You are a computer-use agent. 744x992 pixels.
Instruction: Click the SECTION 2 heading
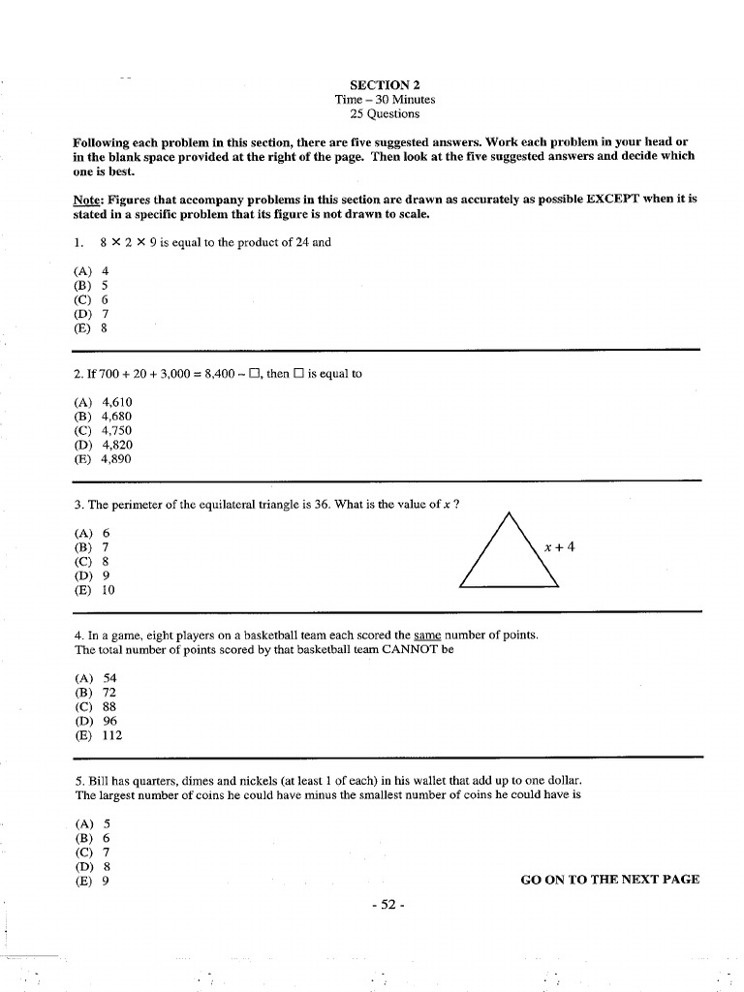tap(385, 84)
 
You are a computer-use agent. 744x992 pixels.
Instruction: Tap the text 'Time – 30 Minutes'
tap(385, 99)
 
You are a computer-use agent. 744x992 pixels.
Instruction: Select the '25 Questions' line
tap(385, 113)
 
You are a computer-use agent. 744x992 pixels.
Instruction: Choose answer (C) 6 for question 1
tap(91, 299)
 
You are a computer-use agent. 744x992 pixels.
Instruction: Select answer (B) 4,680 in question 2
tap(103, 417)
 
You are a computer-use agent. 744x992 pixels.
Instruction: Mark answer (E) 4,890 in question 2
tap(103, 459)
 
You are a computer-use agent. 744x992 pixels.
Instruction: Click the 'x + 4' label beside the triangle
tap(559, 546)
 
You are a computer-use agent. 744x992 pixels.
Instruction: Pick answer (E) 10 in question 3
tap(94, 590)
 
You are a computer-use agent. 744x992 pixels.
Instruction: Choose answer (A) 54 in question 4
tap(95, 678)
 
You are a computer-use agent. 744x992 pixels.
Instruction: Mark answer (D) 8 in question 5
tap(91, 867)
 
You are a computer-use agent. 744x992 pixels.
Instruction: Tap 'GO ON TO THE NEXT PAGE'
tap(609, 880)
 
